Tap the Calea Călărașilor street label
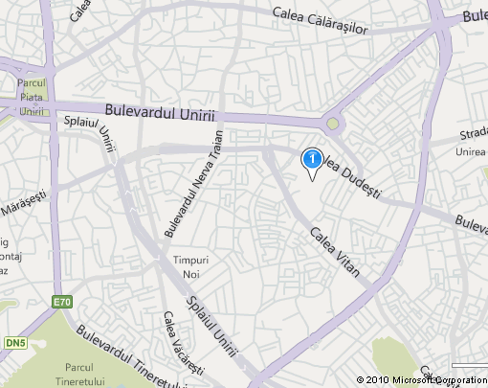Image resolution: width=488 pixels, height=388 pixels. pos(320,20)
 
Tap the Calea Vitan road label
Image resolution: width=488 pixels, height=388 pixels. pos(334,251)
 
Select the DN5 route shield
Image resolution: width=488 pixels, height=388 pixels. pos(15,343)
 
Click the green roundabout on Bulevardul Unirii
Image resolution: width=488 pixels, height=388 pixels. pos(333,124)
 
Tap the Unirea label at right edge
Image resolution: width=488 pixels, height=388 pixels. pos(473,151)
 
